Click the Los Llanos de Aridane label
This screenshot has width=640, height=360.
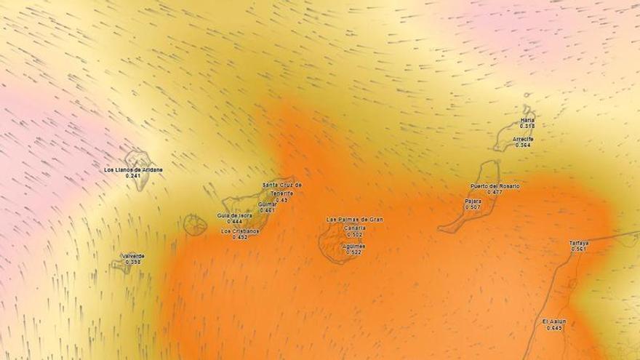[x=134, y=170]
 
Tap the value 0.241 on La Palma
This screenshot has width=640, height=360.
[x=132, y=176]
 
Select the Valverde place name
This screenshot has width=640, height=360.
[x=132, y=256]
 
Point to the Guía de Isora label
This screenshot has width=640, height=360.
[x=234, y=215]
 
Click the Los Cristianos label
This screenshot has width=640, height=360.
[x=240, y=231]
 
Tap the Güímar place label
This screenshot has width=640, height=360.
[x=267, y=204]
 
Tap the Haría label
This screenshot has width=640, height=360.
[x=527, y=120]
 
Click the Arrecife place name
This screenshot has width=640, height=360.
[x=523, y=139]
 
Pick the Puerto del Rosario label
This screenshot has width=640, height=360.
[x=495, y=186]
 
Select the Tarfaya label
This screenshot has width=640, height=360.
[x=579, y=243]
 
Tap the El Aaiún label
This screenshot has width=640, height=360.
[x=554, y=321]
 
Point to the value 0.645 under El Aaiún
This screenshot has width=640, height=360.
[x=554, y=328]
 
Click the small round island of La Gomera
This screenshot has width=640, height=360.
[x=195, y=224]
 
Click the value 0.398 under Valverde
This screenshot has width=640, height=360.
[x=132, y=262]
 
